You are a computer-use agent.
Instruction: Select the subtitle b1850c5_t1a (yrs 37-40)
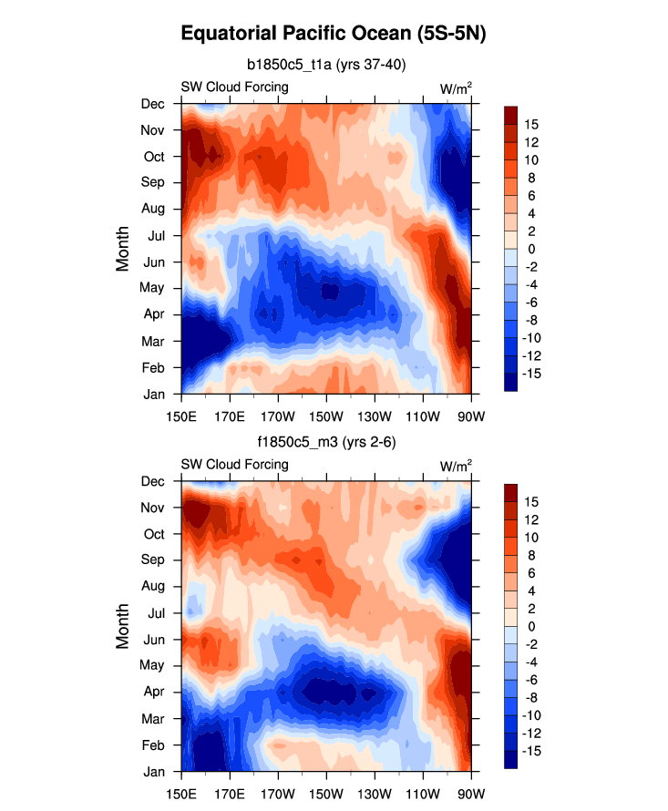326,65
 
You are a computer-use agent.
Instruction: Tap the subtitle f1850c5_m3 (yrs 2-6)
326,442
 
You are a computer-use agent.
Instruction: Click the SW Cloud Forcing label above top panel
234,87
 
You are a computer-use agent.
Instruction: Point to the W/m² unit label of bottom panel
456,466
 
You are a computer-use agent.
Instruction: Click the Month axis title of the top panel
124,249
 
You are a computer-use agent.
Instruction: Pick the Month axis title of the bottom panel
124,627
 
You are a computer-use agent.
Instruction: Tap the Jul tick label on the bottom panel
155,612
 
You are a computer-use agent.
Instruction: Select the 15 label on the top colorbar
530,124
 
